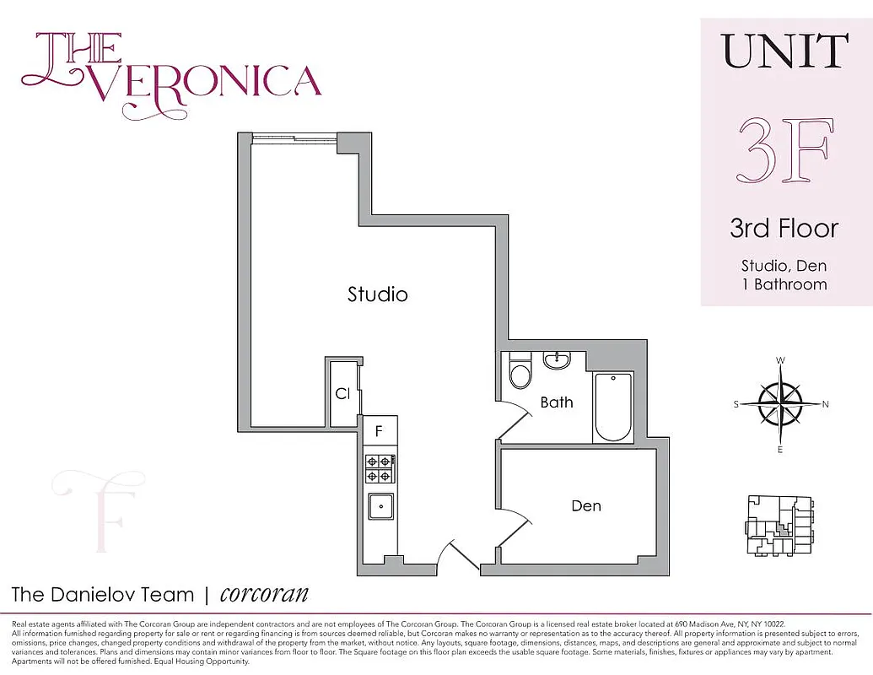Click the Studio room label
click(378, 294)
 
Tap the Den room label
click(586, 505)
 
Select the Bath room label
click(557, 402)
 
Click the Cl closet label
click(342, 394)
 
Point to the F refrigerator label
click(379, 431)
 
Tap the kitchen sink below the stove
click(380, 507)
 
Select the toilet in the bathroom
click(520, 371)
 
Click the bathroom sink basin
click(556, 361)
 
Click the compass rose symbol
click(780, 404)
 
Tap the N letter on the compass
click(825, 404)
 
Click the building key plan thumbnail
click(780, 525)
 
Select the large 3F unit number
click(786, 151)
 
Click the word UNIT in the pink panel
click(786, 52)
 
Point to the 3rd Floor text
click(784, 228)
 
